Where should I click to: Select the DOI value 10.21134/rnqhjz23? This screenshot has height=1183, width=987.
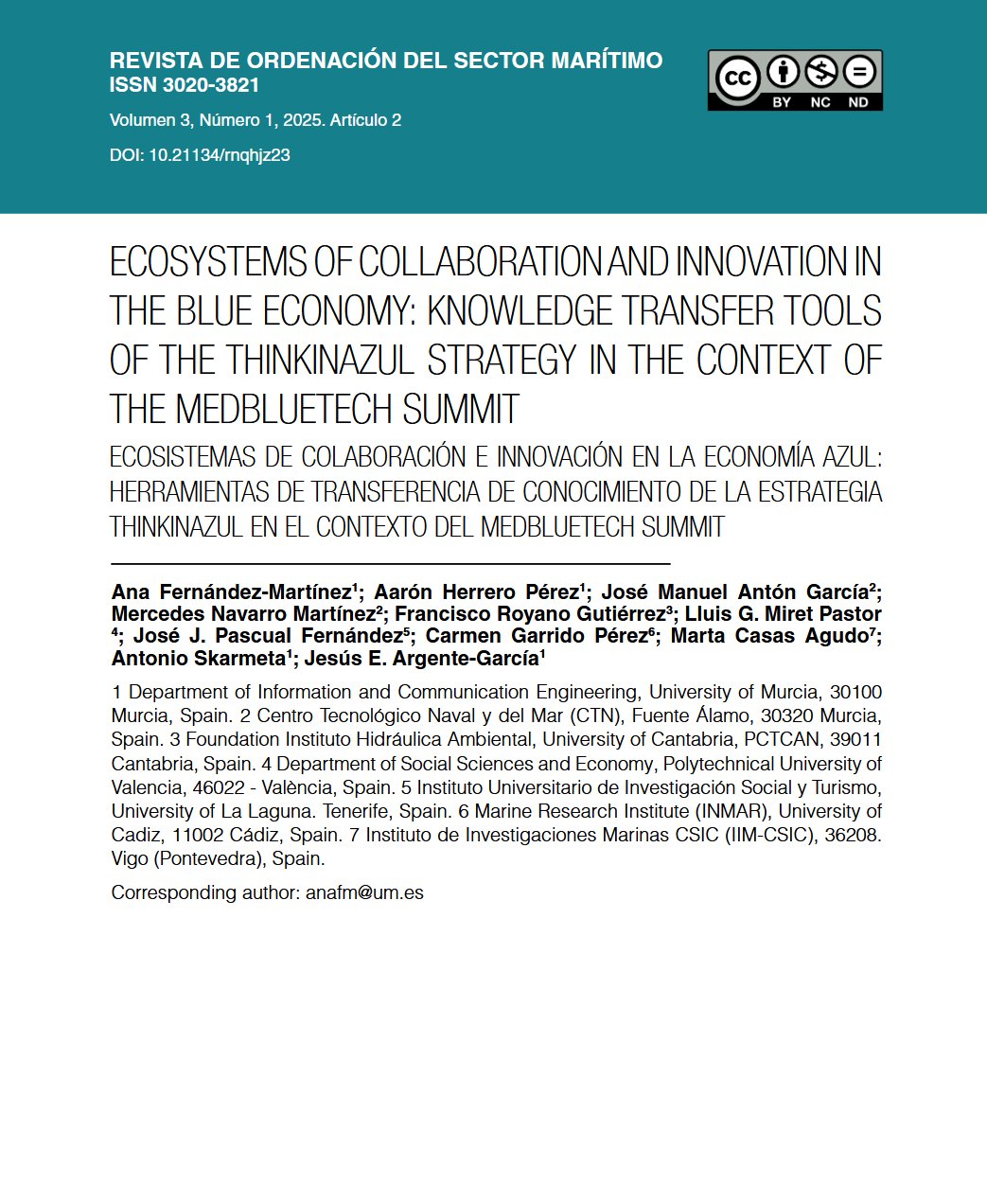(x=220, y=155)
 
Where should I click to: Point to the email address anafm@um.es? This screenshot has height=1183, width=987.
(x=364, y=892)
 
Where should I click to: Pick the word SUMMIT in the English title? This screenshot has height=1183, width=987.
(x=461, y=410)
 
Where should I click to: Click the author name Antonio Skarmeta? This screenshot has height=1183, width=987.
(x=198, y=659)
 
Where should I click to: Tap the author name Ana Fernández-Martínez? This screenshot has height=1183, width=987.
(x=231, y=592)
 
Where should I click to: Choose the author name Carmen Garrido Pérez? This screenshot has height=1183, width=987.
(x=537, y=636)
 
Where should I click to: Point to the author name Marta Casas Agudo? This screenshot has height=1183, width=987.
(x=768, y=636)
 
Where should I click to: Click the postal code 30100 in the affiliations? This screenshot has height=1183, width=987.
(x=855, y=693)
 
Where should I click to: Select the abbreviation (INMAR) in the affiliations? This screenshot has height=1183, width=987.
(x=731, y=811)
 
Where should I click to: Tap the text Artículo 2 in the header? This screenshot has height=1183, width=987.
(x=365, y=120)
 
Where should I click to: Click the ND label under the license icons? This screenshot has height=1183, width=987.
(x=858, y=102)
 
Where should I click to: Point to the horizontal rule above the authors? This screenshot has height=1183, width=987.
(x=390, y=564)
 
